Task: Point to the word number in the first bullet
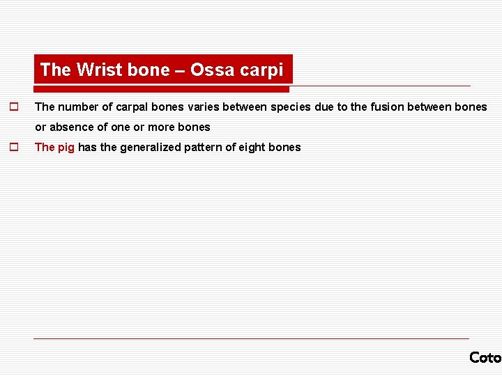pyautogui.click(x=77, y=107)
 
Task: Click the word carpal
pyautogui.click(x=130, y=107)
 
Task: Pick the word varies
pyautogui.click(x=204, y=107)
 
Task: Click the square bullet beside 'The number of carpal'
pyautogui.click(x=13, y=107)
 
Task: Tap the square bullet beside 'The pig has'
pyautogui.click(x=13, y=147)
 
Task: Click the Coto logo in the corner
pyautogui.click(x=485, y=357)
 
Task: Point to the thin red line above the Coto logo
pyautogui.click(x=251, y=339)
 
